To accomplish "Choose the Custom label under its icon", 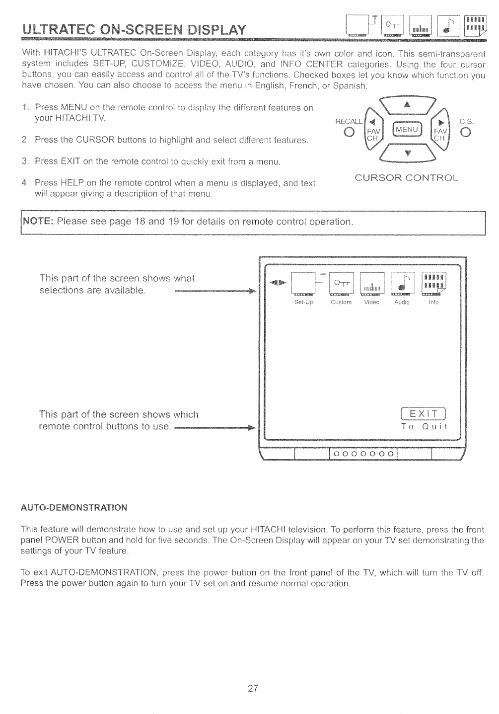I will (341, 302).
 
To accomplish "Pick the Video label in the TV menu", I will (371, 302).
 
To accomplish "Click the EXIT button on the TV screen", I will (424, 414).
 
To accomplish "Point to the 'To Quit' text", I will (424, 427).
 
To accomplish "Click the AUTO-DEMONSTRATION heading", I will (74, 508).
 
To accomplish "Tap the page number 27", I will (253, 688).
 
